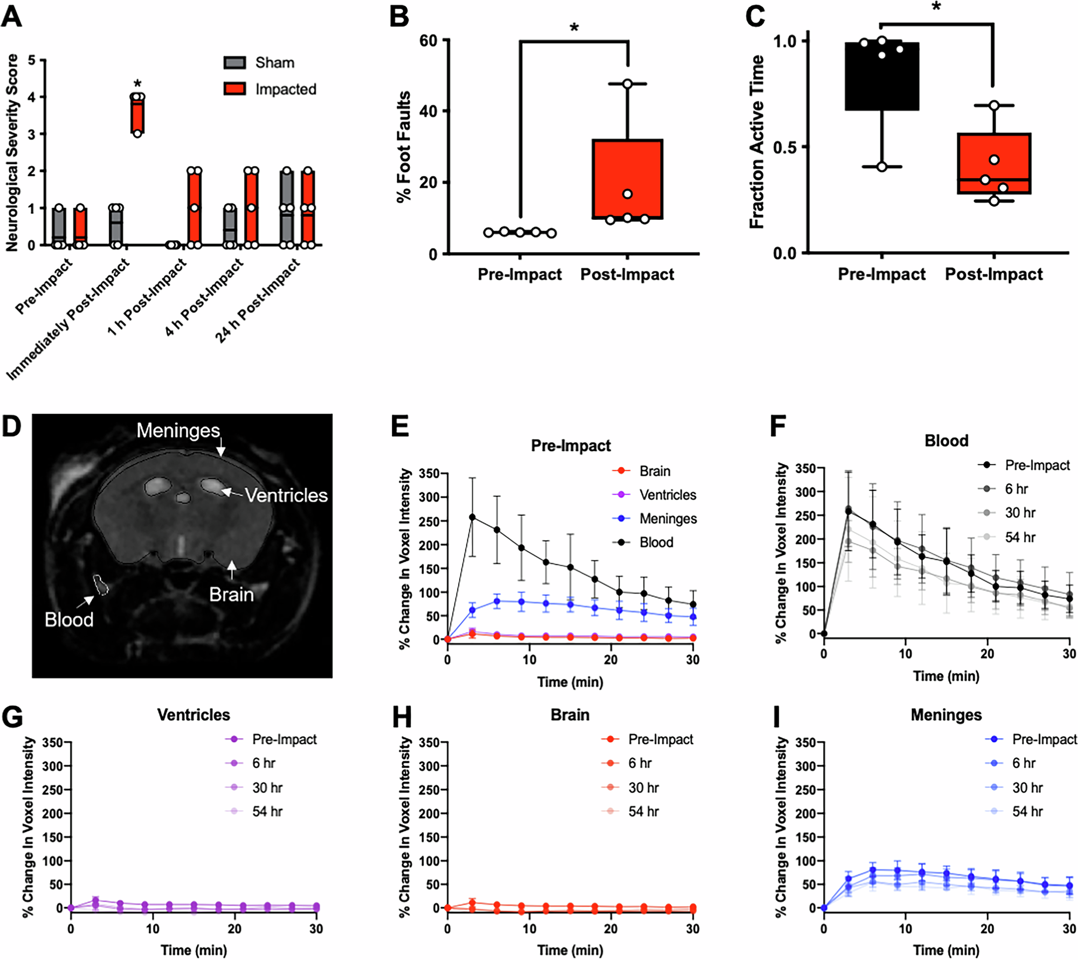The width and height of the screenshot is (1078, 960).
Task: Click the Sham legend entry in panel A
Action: pyautogui.click(x=274, y=63)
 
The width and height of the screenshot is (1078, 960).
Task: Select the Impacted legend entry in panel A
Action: pyautogui.click(x=285, y=89)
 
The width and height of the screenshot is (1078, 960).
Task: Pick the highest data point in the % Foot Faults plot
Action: pyautogui.click(x=627, y=84)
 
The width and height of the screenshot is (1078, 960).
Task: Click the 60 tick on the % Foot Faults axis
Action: pyautogui.click(x=429, y=40)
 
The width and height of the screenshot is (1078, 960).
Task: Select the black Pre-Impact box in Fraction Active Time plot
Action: pyautogui.click(x=881, y=76)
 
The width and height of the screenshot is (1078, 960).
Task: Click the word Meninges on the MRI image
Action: pyautogui.click(x=178, y=430)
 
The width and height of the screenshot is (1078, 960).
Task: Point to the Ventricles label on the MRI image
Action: pyautogui.click(x=286, y=495)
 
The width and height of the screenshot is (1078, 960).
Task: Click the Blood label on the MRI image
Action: pyautogui.click(x=69, y=620)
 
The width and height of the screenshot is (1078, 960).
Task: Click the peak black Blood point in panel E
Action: pyautogui.click(x=472, y=517)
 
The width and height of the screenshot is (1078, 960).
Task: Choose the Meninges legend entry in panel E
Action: pyautogui.click(x=667, y=519)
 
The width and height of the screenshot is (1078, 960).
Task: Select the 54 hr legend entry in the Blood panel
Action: pyautogui.click(x=1019, y=537)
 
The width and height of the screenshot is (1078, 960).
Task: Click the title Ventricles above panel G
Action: pyautogui.click(x=194, y=715)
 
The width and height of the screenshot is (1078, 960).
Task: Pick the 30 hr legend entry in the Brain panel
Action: pyautogui.click(x=643, y=788)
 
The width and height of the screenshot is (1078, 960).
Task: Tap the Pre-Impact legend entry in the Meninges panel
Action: pyautogui.click(x=1044, y=739)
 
